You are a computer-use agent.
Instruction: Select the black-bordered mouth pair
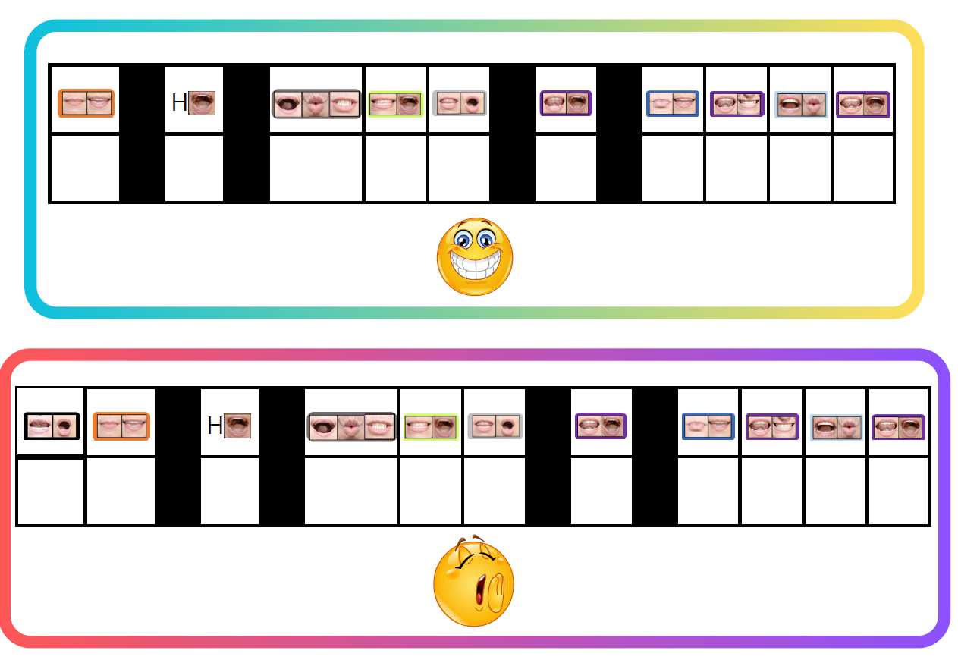[51, 426]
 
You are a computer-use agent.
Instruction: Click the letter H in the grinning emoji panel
[179, 103]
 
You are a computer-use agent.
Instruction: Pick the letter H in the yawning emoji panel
[215, 426]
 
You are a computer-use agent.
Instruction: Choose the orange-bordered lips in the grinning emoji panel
[86, 103]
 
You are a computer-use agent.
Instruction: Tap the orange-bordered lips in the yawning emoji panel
[121, 426]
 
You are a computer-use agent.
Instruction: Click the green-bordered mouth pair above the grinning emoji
[395, 104]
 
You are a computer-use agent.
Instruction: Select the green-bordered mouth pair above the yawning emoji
[431, 427]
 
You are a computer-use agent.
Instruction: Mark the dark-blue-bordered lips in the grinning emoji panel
[672, 104]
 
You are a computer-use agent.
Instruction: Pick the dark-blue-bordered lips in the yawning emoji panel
[708, 426]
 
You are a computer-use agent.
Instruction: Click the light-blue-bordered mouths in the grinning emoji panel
[801, 104]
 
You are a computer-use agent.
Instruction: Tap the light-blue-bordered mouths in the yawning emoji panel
[836, 427]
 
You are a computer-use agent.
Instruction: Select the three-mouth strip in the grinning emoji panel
[316, 104]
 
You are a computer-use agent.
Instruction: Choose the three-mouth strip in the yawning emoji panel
[351, 426]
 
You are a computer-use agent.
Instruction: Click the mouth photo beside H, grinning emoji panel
[202, 103]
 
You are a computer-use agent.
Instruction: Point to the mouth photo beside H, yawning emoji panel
[237, 426]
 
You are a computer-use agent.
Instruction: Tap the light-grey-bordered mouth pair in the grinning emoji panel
[459, 103]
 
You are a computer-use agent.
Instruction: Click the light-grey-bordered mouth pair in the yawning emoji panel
[495, 426]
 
